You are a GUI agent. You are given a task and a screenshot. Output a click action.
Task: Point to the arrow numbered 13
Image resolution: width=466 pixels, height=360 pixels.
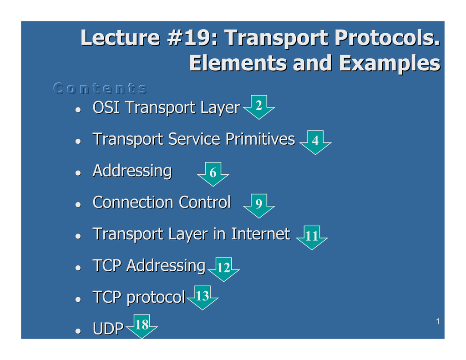pyautogui.click(x=203, y=298)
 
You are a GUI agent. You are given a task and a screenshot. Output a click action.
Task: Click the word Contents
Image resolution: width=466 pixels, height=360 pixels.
pyautogui.click(x=100, y=88)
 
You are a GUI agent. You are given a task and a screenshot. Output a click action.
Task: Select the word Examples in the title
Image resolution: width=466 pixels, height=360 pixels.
pyautogui.click(x=390, y=64)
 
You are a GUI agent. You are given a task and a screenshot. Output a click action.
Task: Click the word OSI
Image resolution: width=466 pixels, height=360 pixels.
pyautogui.click(x=106, y=107)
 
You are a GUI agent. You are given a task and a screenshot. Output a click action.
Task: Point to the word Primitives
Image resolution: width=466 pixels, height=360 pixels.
pyautogui.click(x=260, y=139)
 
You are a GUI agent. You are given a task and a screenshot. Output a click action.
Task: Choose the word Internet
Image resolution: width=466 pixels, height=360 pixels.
pyautogui.click(x=261, y=234)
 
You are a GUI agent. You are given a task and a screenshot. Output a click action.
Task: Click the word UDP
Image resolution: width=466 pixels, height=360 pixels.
pyautogui.click(x=108, y=329)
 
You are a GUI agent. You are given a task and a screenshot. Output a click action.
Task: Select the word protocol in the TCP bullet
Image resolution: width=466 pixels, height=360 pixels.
pyautogui.click(x=156, y=298)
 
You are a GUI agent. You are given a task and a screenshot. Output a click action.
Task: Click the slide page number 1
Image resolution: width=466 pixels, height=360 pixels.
pyautogui.click(x=438, y=321)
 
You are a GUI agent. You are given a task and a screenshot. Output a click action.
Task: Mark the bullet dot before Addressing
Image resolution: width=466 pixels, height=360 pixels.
pyautogui.click(x=78, y=173)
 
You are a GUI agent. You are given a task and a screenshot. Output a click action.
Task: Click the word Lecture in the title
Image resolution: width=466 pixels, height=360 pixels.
pyautogui.click(x=120, y=38)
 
